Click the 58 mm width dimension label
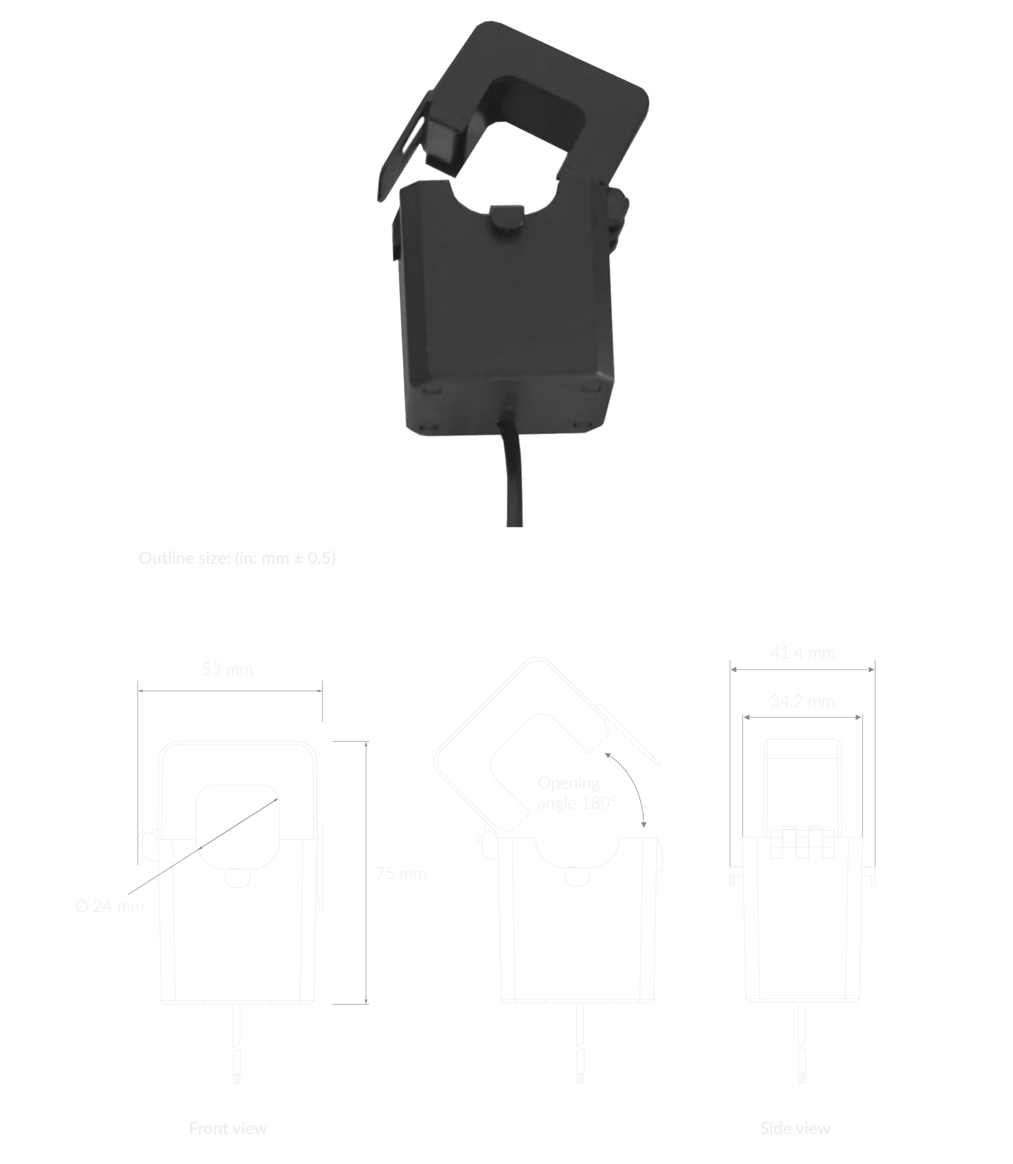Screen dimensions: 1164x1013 [x=227, y=670]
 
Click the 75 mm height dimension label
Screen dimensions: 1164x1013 [x=401, y=874]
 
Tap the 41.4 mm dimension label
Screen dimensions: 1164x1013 [x=802, y=653]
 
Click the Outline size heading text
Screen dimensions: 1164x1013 [x=237, y=558]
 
